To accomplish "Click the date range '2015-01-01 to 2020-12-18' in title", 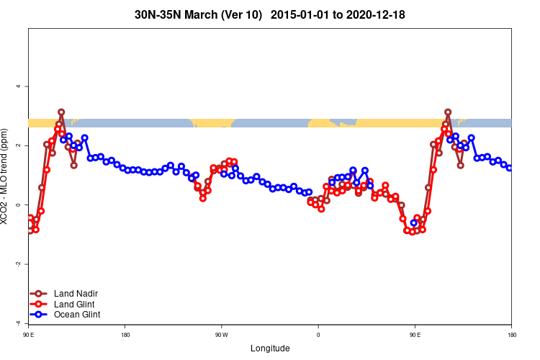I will pos(343,14).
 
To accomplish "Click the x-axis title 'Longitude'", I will pos(270,348).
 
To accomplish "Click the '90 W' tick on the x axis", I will pos(221,335).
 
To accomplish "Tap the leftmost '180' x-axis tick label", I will pos(125,335).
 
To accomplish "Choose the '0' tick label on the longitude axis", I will pos(318,335).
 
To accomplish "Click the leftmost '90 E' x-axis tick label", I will pos(29,335).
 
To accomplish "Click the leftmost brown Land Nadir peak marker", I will pos(61,112).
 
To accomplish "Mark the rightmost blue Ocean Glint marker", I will pos(510,168).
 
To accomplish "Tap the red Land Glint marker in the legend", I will pos(40,304).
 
